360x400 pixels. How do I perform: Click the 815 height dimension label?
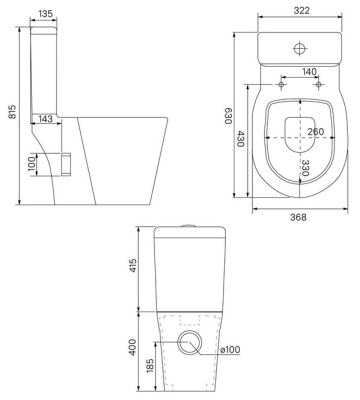point(12,112)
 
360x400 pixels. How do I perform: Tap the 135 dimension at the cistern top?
point(45,14)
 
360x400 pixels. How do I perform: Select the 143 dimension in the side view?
point(45,118)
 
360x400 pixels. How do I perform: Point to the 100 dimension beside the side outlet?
point(32,164)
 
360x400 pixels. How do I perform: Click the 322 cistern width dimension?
point(301,10)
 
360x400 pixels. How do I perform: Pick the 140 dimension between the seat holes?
point(309,72)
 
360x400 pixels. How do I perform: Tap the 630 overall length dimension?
point(228,116)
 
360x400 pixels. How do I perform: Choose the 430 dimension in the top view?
point(241,139)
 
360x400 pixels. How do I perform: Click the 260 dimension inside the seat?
point(315,132)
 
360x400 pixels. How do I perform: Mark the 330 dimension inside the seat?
point(306,167)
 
